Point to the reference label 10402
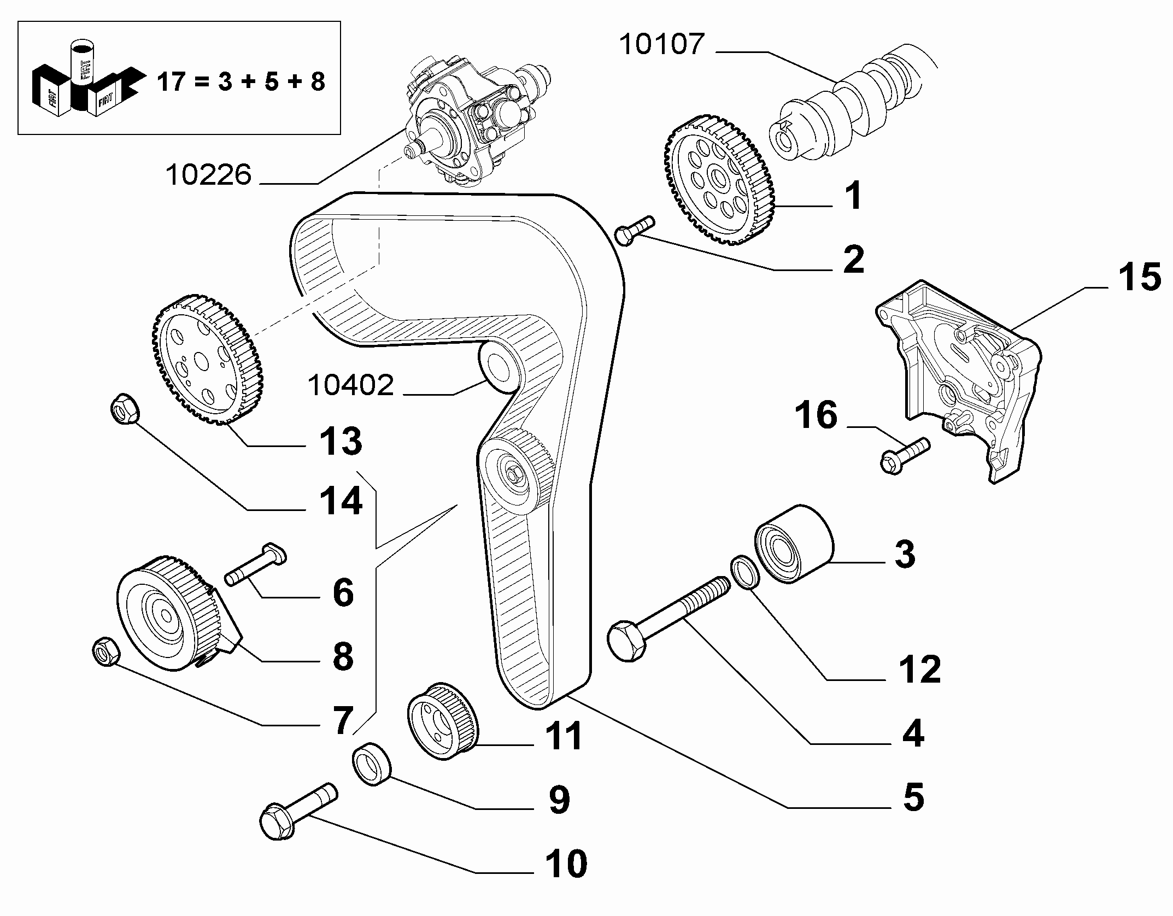tap(351, 385)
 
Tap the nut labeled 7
tap(105, 651)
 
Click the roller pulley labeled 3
tap(794, 544)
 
